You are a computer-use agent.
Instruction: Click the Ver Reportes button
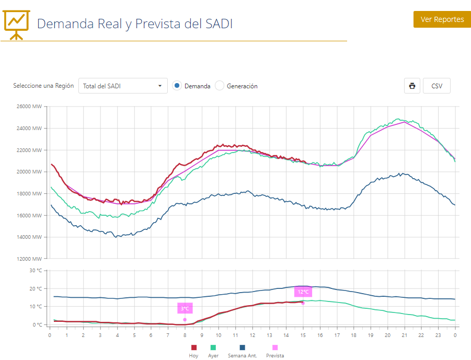click(442, 19)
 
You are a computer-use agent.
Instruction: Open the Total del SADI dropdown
click(123, 86)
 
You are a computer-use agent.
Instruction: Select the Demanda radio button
click(177, 86)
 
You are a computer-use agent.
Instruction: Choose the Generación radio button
click(220, 86)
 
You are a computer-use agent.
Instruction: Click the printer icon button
click(412, 86)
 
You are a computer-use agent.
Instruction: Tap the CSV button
click(436, 86)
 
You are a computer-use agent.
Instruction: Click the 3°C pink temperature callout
click(185, 308)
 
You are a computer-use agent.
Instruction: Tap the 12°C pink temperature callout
click(303, 292)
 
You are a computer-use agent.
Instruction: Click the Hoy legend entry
click(193, 351)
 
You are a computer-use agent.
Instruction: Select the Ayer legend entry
click(213, 351)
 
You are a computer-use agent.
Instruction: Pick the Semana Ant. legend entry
click(242, 351)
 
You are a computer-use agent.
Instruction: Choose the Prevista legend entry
click(275, 351)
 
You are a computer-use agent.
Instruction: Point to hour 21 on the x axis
click(405, 335)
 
